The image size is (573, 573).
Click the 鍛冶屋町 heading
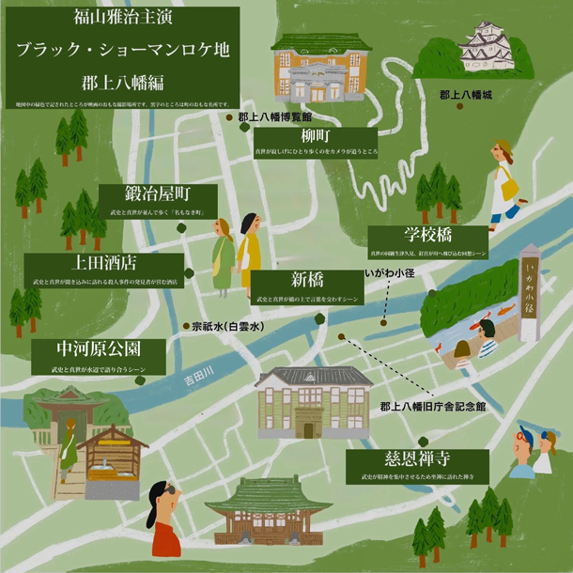(158, 194)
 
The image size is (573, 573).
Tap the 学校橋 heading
(428, 235)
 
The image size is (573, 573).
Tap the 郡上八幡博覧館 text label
(274, 117)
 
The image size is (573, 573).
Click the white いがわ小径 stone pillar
(531, 290)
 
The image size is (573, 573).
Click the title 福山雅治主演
(118, 16)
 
